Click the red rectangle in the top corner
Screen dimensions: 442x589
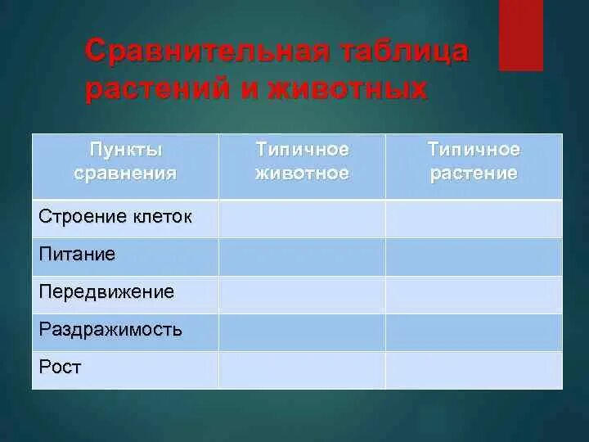pyautogui.click(x=521, y=35)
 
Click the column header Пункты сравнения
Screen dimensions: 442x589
pyautogui.click(x=125, y=161)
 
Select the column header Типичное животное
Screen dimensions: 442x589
pyautogui.click(x=302, y=161)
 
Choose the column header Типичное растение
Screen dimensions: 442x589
pyautogui.click(x=474, y=161)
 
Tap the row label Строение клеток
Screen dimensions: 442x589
pyautogui.click(x=115, y=218)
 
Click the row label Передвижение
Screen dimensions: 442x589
pyautogui.click(x=106, y=292)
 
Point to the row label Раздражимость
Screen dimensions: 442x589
pyautogui.click(x=110, y=330)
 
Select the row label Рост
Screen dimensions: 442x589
pyautogui.click(x=60, y=368)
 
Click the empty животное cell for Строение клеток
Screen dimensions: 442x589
pyautogui.click(x=302, y=219)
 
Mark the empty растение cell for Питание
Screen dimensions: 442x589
pyautogui.click(x=474, y=256)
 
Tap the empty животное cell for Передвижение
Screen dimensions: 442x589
pyautogui.click(x=302, y=295)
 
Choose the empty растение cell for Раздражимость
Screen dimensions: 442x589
pyautogui.click(x=474, y=332)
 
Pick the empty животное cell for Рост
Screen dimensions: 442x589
pyautogui.click(x=302, y=369)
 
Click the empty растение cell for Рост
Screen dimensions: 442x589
pyautogui.click(x=474, y=369)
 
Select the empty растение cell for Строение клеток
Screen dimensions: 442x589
pyautogui.click(x=474, y=219)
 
